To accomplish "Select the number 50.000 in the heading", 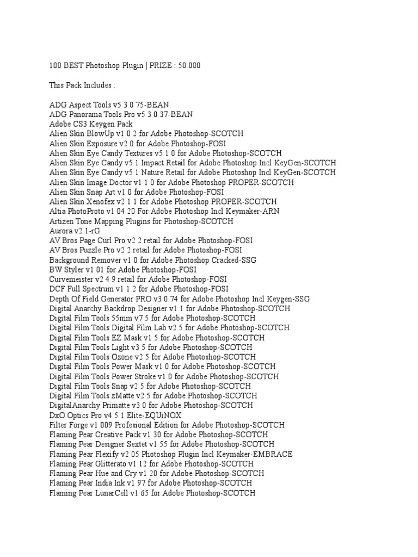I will [187, 66].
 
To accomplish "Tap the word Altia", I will [58, 211].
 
